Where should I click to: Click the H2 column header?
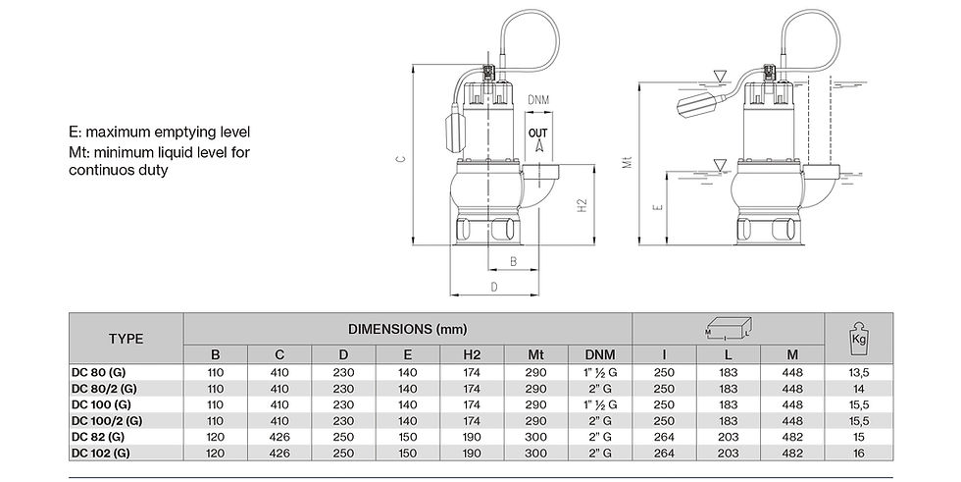[473, 353]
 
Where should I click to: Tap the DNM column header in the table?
[600, 353]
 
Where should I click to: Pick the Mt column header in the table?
[536, 353]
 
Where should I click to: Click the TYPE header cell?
[125, 339]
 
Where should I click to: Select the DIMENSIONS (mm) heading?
[408, 326]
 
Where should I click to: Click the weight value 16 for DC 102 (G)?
[858, 453]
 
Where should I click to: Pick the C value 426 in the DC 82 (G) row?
[280, 437]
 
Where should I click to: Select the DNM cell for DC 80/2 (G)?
[600, 390]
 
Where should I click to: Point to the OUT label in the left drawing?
[538, 130]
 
